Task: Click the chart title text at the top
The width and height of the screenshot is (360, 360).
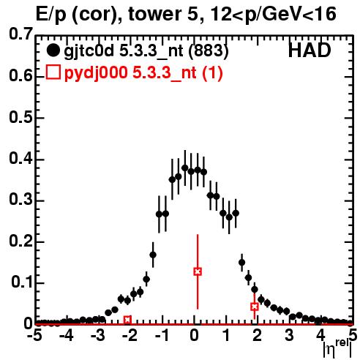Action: [x=186, y=14]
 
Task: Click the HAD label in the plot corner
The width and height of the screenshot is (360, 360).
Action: [x=310, y=50]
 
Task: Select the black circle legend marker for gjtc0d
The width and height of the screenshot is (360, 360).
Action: [x=53, y=50]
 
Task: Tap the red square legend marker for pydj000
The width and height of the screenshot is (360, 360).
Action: [x=53, y=72]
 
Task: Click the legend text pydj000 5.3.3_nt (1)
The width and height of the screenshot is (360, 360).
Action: [x=143, y=72]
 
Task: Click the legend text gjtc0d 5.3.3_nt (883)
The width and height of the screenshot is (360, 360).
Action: [x=146, y=50]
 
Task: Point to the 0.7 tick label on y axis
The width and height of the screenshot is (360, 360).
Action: [x=20, y=34]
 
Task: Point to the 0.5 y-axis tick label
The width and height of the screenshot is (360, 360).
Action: [x=20, y=118]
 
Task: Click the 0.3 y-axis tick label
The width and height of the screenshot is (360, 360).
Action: [x=20, y=200]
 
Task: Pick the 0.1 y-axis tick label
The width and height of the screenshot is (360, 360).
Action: [x=22, y=282]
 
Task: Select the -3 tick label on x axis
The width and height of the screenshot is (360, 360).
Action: [x=99, y=335]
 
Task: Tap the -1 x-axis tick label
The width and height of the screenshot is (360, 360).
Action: [x=162, y=335]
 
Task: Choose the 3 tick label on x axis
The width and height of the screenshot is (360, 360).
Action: [x=289, y=335]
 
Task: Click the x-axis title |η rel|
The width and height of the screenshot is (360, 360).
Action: [x=337, y=348]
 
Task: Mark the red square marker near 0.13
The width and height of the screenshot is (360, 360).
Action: [x=198, y=271]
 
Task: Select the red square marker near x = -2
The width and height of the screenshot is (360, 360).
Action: [x=127, y=320]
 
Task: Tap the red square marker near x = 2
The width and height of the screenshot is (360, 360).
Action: [x=255, y=307]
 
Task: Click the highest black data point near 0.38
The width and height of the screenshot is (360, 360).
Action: [x=185, y=168]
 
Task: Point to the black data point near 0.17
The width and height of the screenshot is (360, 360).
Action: [x=153, y=255]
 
